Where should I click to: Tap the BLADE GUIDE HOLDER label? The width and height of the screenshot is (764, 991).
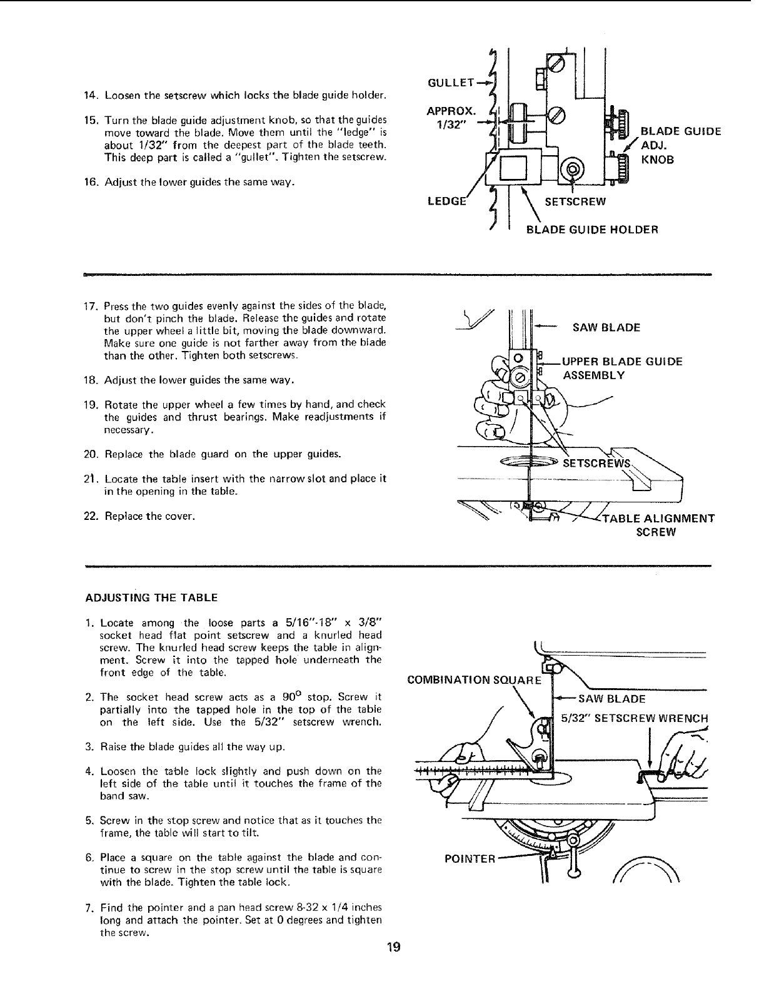pos(592,229)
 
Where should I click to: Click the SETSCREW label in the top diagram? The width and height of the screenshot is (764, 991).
pos(575,201)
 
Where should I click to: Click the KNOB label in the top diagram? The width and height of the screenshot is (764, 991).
pos(658,160)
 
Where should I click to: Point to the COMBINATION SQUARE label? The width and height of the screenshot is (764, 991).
pos(478,679)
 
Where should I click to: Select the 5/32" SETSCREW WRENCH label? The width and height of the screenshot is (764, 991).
pos(634,718)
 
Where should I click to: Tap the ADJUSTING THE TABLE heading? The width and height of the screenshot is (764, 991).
pos(151,597)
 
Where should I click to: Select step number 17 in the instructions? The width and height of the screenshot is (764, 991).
pos(92,306)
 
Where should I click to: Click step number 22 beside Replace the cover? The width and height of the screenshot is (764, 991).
pos(92,517)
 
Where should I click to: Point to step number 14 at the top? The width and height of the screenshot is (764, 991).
pos(92,95)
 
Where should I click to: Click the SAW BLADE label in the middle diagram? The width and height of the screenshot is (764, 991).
pos(606,327)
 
